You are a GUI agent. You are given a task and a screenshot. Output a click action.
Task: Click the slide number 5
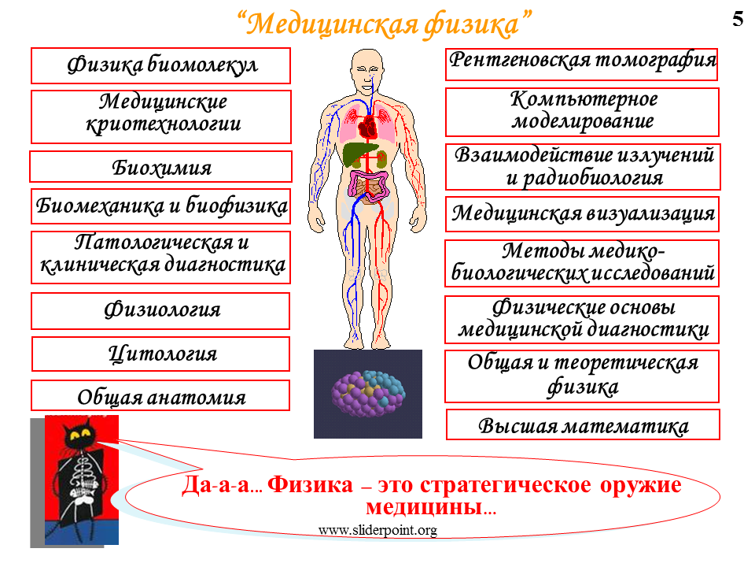click(x=738, y=19)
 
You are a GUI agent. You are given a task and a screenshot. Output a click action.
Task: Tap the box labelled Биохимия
click(x=160, y=167)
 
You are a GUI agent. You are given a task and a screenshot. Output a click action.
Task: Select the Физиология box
click(x=160, y=311)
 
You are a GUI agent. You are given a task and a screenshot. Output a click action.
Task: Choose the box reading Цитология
click(x=160, y=354)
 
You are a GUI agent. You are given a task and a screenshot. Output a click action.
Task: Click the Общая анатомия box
click(x=160, y=395)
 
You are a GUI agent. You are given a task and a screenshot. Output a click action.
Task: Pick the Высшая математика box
click(x=583, y=424)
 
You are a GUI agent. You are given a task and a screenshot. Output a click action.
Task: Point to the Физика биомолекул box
click(x=160, y=65)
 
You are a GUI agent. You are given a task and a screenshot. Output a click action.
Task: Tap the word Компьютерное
click(x=584, y=99)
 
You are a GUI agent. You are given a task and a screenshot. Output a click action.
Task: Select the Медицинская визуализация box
click(x=582, y=214)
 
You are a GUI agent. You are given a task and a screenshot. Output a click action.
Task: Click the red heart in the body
click(x=369, y=127)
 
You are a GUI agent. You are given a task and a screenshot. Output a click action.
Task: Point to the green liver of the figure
click(x=359, y=154)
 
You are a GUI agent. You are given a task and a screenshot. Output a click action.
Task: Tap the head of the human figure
click(x=367, y=71)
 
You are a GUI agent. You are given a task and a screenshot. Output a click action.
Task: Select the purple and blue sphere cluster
click(x=368, y=394)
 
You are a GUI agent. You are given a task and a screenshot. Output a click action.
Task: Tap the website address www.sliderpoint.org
click(x=377, y=530)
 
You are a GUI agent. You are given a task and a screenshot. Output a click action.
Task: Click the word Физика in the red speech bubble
click(x=310, y=484)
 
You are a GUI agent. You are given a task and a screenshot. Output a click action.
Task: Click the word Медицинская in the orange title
click(x=331, y=24)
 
